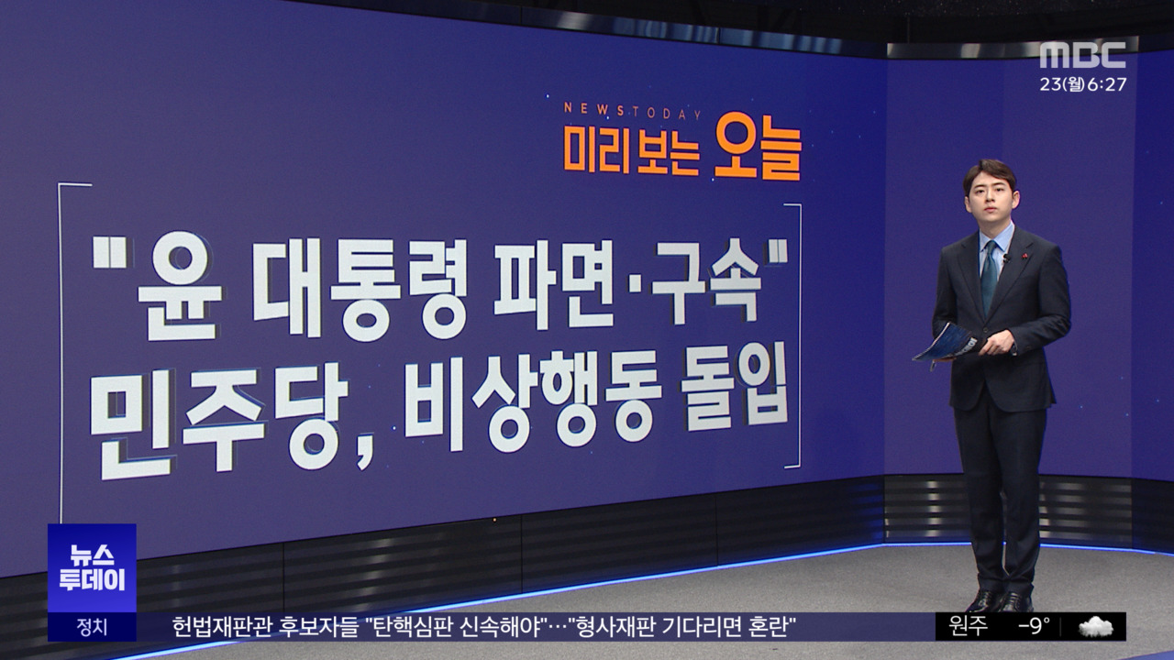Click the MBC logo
tap(1082, 55)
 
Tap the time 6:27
tap(1107, 84)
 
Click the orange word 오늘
tap(758, 147)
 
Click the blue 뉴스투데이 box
tap(92, 567)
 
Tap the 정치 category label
tap(92, 627)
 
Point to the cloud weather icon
tap(1095, 627)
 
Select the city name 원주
tap(968, 627)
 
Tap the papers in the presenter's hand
tap(946, 344)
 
